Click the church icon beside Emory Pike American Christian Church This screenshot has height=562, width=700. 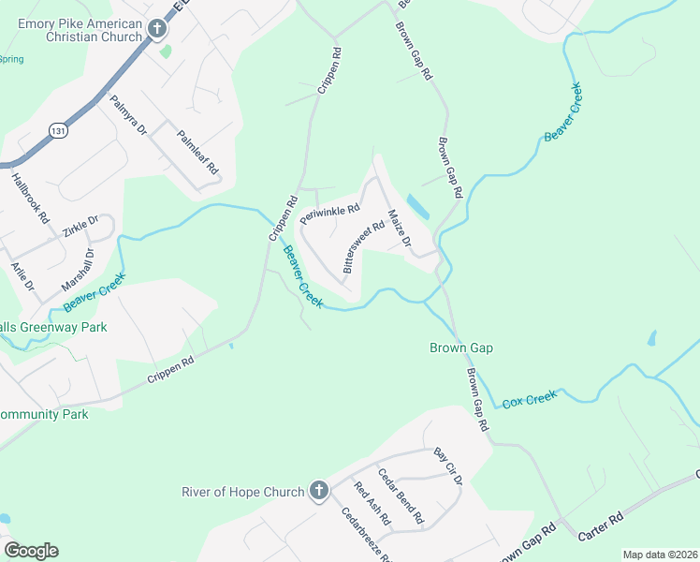pyautogui.click(x=157, y=30)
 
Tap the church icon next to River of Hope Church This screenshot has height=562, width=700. pyautogui.click(x=319, y=491)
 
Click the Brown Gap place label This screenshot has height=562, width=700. pyautogui.click(x=460, y=348)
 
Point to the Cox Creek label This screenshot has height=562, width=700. pyautogui.click(x=530, y=399)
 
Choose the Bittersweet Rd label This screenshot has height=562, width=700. pyautogui.click(x=364, y=246)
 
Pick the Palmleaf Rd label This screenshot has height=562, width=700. pyautogui.click(x=198, y=153)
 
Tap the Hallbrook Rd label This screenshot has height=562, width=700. pyautogui.click(x=30, y=198)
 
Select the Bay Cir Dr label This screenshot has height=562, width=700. pyautogui.click(x=448, y=466)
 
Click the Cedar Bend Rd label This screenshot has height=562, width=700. pyautogui.click(x=400, y=495)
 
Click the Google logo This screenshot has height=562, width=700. pyautogui.click(x=31, y=551)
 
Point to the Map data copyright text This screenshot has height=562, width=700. pyautogui.click(x=660, y=555)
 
